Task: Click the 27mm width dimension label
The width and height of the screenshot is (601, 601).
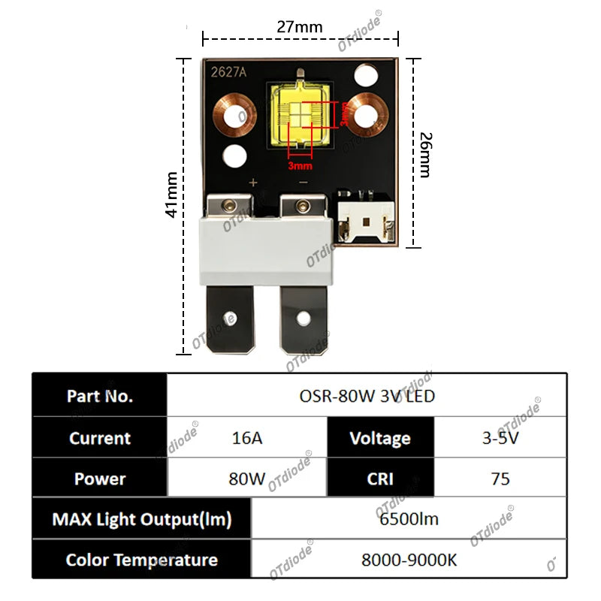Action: point(299,27)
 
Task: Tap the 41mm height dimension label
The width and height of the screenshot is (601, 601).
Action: point(172,195)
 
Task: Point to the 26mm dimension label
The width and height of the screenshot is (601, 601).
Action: point(426,155)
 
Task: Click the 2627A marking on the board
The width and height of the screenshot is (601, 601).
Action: point(228,72)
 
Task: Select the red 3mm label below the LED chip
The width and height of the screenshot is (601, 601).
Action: point(300,165)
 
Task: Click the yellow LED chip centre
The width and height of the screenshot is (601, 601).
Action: point(300,115)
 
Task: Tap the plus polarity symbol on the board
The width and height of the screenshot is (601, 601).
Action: point(253,183)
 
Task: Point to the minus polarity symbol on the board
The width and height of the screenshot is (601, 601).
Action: point(304,183)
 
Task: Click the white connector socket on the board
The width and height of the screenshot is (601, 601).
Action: point(366,221)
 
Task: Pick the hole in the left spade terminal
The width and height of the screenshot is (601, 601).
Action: point(231,318)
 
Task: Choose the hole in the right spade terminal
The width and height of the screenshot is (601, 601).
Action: point(304,318)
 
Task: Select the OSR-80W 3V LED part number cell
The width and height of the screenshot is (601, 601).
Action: point(367,396)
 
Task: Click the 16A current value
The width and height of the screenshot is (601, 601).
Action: point(247,438)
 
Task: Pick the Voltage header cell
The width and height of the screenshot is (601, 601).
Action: point(381,438)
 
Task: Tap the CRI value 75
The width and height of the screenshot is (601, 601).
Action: point(500,479)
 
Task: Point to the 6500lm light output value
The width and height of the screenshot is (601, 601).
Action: point(409,519)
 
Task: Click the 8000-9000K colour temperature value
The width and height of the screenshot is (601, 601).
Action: point(409,560)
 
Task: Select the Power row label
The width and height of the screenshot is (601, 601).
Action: point(100,479)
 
